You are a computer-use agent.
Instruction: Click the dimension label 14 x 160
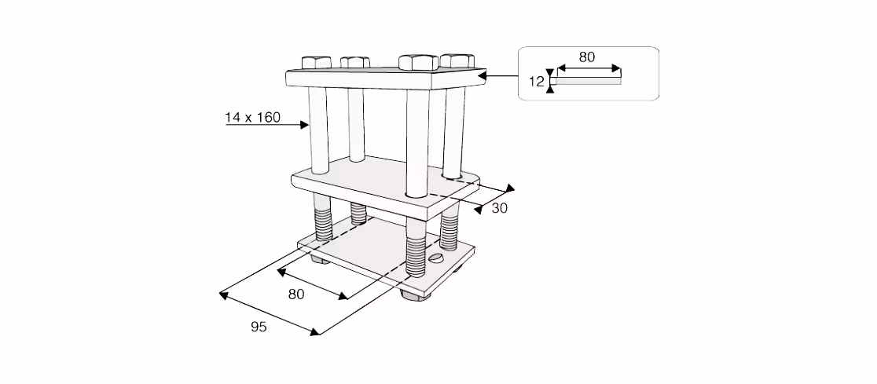252,117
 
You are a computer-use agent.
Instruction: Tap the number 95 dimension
259,327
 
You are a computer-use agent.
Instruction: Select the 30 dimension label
499,208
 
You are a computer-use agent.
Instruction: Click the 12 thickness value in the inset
536,82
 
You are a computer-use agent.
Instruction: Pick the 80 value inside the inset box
587,57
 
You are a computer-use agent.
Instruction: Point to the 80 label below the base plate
296,294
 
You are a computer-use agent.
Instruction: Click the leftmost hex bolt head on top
317,62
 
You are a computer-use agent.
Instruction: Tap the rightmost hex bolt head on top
457,60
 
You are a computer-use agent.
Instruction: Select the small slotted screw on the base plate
437,258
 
